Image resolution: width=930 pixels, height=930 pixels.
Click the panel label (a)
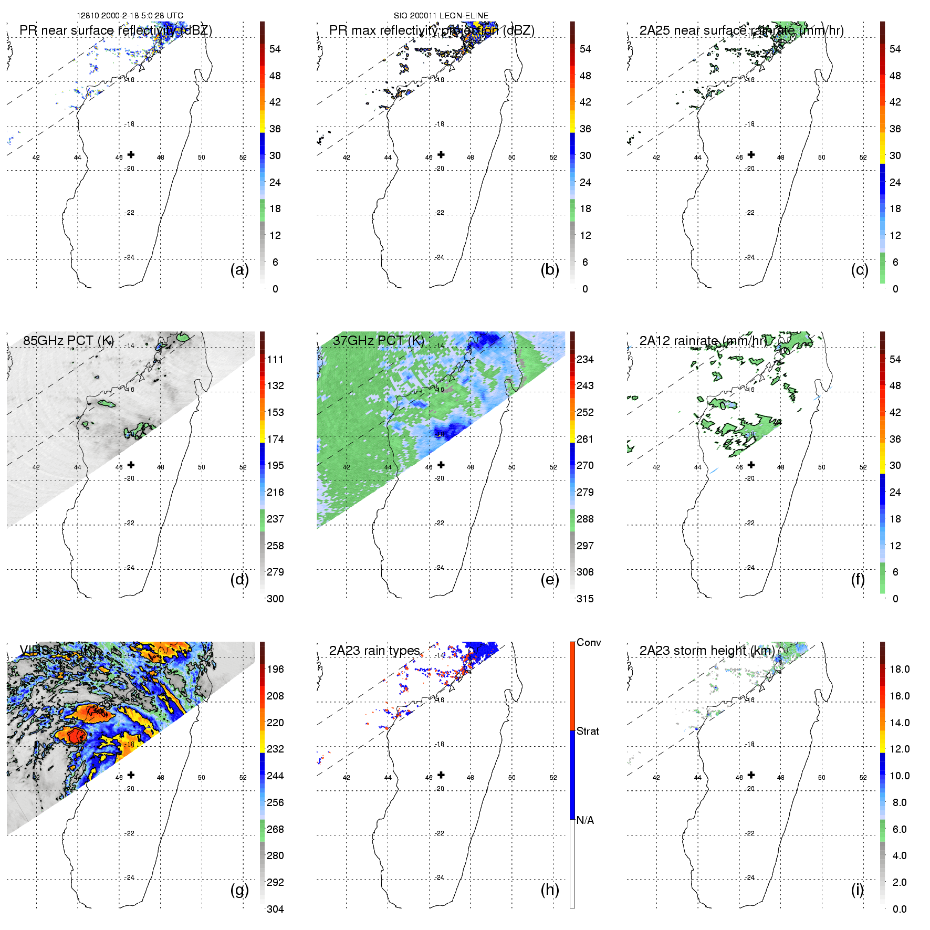(239, 270)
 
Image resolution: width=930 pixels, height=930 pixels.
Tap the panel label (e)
(549, 580)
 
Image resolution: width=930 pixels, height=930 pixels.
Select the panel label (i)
(857, 890)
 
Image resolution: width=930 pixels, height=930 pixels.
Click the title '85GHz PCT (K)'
(68, 340)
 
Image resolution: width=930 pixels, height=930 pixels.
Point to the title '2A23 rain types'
(374, 650)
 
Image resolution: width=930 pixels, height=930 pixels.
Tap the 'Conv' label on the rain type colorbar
(588, 642)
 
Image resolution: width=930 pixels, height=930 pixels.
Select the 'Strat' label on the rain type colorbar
(588, 731)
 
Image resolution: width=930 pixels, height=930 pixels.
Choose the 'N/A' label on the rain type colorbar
(585, 820)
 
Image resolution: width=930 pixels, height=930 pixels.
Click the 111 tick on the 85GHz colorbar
(275, 359)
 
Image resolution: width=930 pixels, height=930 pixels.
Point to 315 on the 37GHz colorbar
(585, 599)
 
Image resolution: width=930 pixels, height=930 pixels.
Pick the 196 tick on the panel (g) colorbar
(275, 669)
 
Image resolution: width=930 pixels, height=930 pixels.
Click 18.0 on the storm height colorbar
(899, 669)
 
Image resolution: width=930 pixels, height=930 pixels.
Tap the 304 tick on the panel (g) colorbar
(275, 909)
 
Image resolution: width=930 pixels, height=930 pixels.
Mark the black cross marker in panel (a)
(131, 154)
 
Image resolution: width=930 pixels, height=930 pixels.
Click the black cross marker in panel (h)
(441, 775)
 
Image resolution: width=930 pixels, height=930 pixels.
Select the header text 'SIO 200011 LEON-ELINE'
(441, 16)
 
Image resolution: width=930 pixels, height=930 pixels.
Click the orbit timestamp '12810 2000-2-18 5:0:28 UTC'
(130, 16)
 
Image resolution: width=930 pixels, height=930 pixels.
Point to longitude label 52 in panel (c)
(863, 158)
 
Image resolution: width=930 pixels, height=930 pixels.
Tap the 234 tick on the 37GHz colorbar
(585, 359)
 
